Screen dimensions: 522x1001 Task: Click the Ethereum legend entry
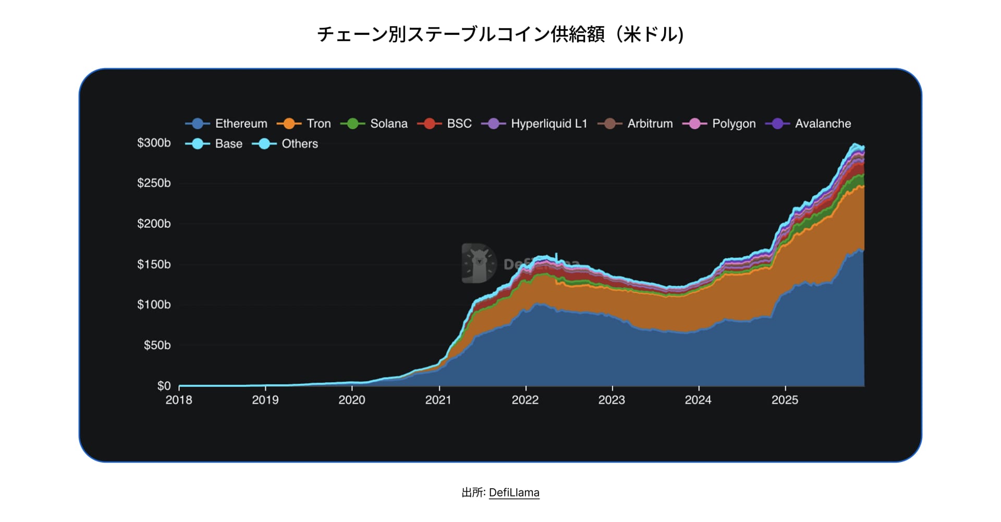coord(227,124)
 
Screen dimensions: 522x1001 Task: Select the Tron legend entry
coord(304,124)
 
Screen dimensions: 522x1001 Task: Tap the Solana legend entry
coord(374,124)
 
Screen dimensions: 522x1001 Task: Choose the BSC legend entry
coord(445,124)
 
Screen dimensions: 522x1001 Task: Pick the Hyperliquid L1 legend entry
coord(534,124)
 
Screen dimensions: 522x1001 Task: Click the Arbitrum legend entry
coord(636,124)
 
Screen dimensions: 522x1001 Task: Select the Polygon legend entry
coord(719,124)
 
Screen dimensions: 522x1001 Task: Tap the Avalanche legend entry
coord(809,124)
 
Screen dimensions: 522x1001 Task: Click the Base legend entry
coord(214,143)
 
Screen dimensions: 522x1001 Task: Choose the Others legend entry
coord(285,143)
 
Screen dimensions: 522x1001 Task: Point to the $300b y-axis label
coord(154,143)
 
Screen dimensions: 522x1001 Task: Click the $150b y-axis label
coord(154,264)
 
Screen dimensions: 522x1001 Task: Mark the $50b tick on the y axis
coord(157,345)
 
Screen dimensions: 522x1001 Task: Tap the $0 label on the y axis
coord(164,386)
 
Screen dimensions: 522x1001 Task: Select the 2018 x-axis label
coord(179,400)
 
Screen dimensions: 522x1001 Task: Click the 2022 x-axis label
coord(525,400)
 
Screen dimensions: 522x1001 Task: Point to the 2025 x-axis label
coord(785,400)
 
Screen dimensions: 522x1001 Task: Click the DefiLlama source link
coord(514,493)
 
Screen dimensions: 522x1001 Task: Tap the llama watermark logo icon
coord(479,263)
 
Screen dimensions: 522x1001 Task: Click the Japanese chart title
coord(500,34)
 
